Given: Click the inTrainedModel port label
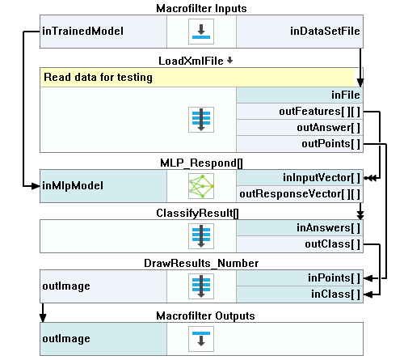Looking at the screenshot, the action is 83,32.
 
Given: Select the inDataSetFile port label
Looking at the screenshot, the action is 325,32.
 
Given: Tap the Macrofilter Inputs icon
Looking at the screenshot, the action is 201,32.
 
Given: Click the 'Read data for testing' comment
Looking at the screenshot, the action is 98,78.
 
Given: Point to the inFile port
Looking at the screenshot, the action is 300,95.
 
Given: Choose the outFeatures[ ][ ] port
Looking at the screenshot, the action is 300,112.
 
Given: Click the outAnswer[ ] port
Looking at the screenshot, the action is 300,128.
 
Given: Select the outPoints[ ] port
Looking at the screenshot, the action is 300,144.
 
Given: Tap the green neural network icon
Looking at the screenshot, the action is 201,186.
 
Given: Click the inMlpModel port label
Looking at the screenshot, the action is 73,186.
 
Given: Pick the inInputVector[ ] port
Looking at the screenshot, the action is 300,178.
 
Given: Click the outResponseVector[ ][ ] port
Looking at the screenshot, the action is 300,194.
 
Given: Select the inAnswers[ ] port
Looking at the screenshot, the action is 300,228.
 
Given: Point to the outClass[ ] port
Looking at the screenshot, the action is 300,244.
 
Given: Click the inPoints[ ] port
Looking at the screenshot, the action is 300,278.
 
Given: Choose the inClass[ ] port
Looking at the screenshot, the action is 300,294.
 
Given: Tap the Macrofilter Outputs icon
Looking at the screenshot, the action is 201,339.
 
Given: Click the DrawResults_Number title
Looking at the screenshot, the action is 201,263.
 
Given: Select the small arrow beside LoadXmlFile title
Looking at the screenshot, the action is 229,61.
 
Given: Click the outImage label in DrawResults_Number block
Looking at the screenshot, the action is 66,286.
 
